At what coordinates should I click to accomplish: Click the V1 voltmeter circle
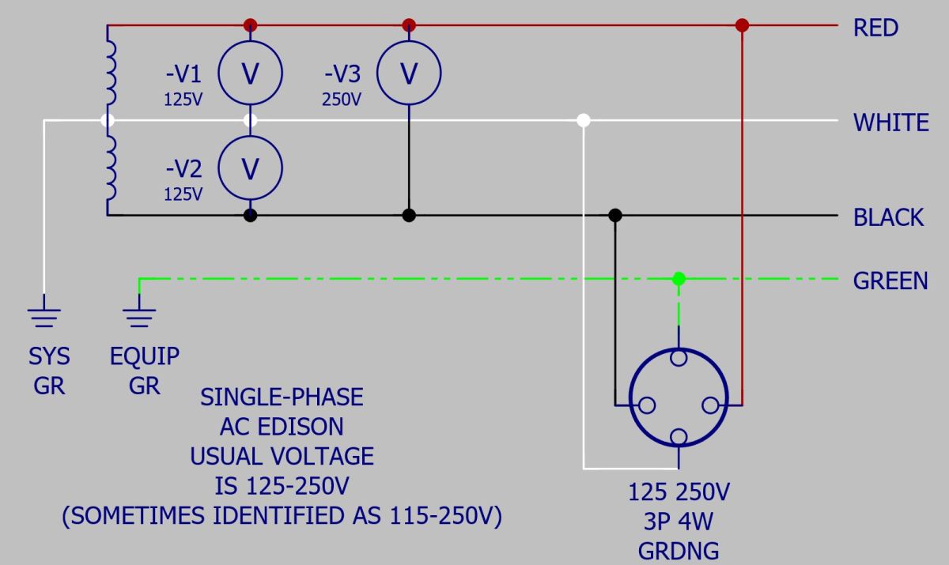[251, 41]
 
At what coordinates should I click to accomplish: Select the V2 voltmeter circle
[251, 136]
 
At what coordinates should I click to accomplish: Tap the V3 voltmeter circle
[409, 41]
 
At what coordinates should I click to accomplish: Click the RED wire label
[875, 28]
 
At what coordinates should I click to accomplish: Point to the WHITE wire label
[891, 122]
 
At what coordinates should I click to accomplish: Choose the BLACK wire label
[888, 217]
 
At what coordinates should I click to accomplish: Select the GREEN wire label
[890, 281]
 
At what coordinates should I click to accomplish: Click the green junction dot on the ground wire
[679, 278]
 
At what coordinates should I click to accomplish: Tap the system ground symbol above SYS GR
[44, 311]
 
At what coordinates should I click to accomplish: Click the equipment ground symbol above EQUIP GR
[139, 311]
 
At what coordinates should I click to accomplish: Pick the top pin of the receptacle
[679, 358]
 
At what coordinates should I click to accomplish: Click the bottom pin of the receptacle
[679, 437]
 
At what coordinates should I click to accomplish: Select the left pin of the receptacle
[647, 405]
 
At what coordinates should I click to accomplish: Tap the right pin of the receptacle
[710, 405]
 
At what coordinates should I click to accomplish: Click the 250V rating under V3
[342, 100]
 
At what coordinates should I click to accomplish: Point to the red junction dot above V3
[409, 25]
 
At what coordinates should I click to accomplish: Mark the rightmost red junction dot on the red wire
[743, 25]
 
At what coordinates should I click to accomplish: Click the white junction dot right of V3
[584, 120]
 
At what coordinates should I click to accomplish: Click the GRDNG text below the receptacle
[679, 551]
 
